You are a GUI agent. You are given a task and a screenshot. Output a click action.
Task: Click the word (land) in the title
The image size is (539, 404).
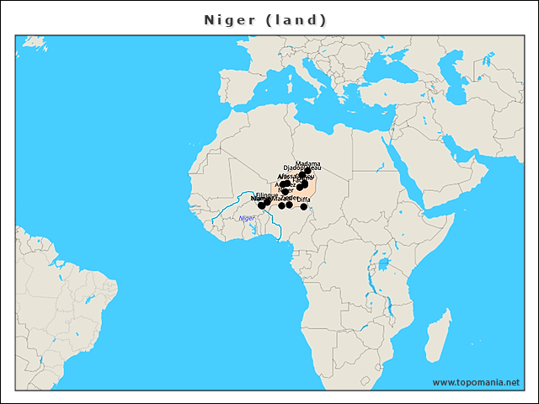click(x=296, y=19)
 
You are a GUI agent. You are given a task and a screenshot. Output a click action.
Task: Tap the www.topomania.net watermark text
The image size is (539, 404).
click(x=476, y=382)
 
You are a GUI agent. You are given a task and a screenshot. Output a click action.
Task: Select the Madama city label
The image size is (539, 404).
click(x=308, y=163)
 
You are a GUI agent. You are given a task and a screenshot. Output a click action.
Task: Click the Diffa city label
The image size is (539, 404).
click(x=304, y=199)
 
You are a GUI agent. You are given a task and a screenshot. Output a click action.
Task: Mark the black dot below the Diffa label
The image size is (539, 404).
click(x=304, y=206)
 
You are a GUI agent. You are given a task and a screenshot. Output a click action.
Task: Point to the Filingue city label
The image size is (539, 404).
click(x=266, y=195)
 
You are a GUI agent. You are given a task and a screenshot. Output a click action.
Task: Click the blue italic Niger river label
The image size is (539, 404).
click(x=247, y=218)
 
